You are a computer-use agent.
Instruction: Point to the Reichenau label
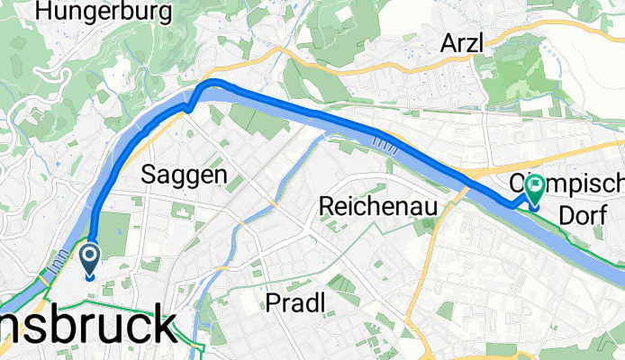pos(379,207)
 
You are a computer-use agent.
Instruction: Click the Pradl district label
pos(295,303)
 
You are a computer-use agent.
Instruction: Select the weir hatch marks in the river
pos(385,141)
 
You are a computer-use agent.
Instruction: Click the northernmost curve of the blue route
pos(216,83)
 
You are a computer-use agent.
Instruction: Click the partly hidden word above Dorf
pos(576,184)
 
